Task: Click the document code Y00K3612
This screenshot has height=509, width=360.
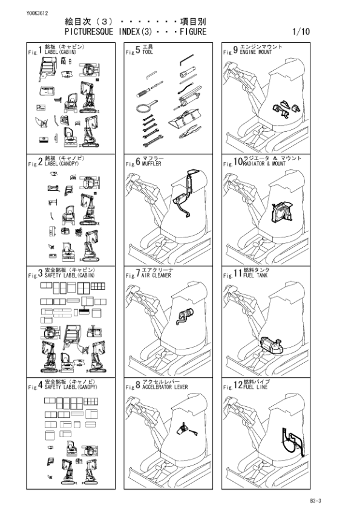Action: click(38, 13)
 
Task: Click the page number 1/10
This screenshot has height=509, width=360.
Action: click(301, 32)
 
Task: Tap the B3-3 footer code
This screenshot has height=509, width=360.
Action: click(315, 501)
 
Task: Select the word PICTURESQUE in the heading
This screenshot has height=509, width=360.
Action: click(89, 32)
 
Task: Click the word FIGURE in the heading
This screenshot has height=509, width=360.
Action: click(193, 32)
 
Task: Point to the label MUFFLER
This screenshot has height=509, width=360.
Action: click(151, 164)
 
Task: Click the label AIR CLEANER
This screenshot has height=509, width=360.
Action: click(156, 275)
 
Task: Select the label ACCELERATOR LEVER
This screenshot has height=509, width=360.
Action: click(165, 387)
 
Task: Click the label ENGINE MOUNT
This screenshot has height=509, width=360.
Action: click(256, 52)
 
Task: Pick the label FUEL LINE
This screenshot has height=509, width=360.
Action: click(255, 387)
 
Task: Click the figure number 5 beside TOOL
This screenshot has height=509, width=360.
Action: click(138, 50)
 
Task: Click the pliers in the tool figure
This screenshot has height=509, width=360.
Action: click(190, 131)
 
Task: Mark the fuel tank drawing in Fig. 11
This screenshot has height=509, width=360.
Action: click(272, 345)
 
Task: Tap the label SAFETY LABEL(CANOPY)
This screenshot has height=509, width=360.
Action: click(71, 387)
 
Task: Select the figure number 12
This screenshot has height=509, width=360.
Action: click(238, 385)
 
